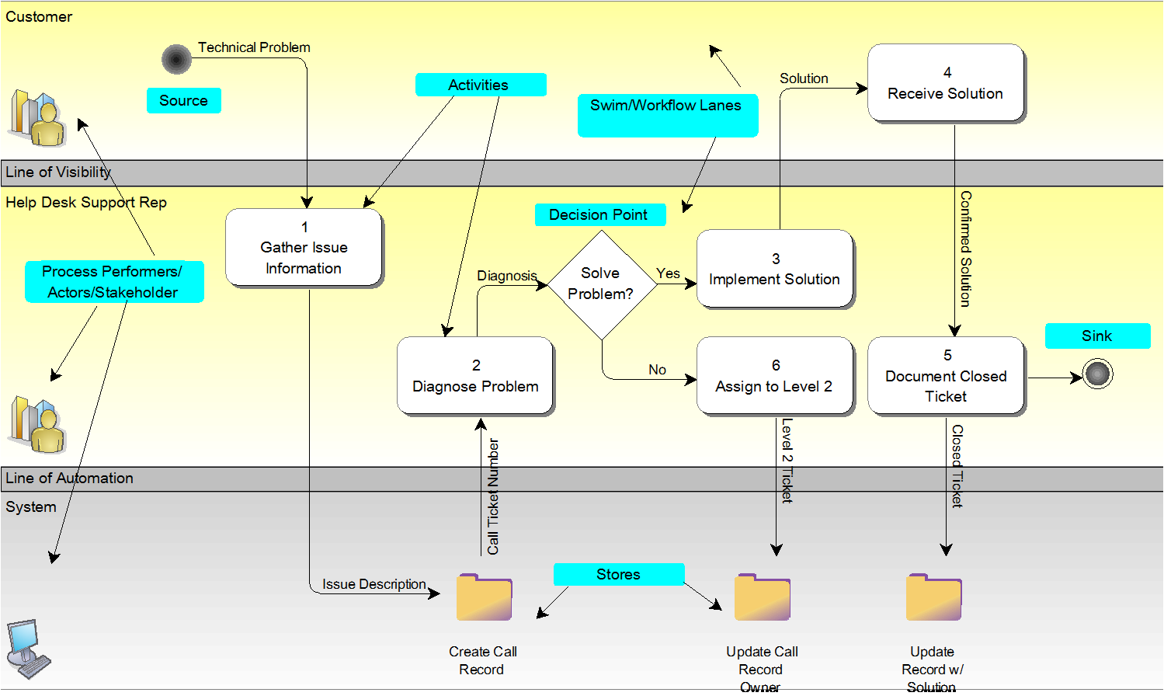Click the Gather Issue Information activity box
304,247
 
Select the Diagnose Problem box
475,375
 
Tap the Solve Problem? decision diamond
602,284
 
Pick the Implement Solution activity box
774,269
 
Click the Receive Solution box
945,82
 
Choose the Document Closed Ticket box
945,376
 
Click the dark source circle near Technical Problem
176,59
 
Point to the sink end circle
1097,374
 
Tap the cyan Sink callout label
1096,336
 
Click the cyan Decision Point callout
599,214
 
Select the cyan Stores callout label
618,574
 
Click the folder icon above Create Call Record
484,597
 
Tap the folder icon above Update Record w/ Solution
933,597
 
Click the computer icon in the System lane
27,649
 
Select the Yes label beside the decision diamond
668,273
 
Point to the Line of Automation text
69,478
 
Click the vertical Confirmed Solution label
965,249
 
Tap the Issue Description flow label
374,584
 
